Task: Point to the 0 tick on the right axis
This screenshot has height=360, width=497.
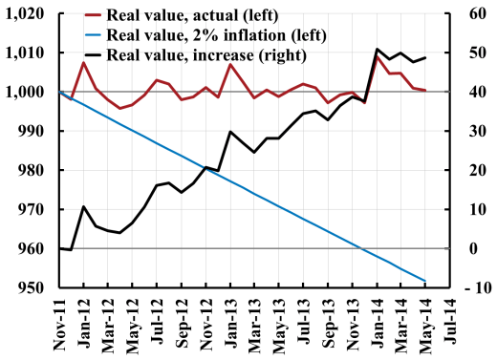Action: (465, 249)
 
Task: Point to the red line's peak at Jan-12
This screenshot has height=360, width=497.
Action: (83, 63)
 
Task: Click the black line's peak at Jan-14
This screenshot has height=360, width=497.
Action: (378, 49)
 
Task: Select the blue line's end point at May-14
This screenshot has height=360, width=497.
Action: (424, 281)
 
